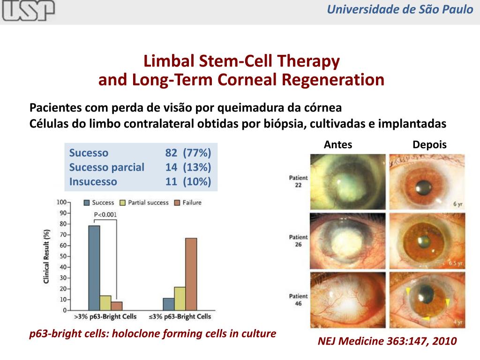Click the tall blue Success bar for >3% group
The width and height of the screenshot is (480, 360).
click(94, 268)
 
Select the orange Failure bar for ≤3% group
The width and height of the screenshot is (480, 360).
click(191, 274)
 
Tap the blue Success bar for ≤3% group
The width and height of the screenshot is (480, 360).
click(168, 304)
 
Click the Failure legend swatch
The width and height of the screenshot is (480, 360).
click(177, 202)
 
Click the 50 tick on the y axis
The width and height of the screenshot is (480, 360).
click(62, 256)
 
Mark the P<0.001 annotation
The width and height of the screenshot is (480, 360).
click(105, 215)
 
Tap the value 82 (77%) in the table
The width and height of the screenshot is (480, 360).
click(188, 153)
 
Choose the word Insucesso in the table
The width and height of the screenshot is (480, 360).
click(93, 181)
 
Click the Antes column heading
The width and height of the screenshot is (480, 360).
click(338, 145)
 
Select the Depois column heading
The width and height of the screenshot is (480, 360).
click(429, 145)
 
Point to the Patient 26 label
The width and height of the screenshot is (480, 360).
click(299, 241)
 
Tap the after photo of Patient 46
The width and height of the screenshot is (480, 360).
click(427, 300)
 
